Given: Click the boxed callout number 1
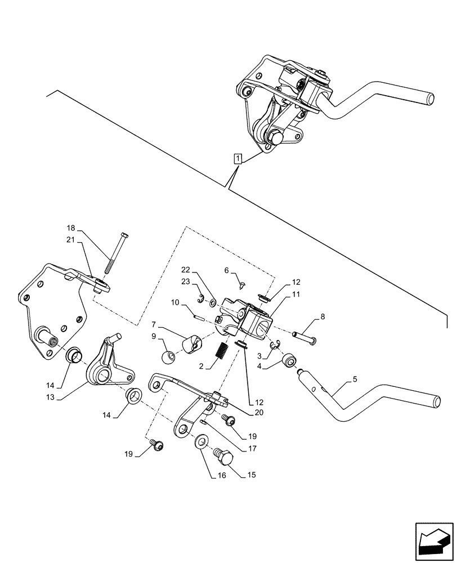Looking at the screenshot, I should click(239, 158).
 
